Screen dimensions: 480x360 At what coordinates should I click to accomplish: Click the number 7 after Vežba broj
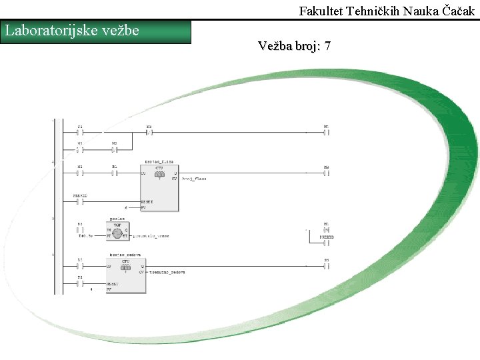[327, 46]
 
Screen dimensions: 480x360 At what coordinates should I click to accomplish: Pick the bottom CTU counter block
[126, 275]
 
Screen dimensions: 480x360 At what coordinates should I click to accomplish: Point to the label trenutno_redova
[167, 272]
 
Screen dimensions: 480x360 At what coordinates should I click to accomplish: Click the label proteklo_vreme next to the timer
[151, 235]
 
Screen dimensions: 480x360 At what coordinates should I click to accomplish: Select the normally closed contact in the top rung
[149, 132]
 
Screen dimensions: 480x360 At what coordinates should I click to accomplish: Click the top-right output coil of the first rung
[326, 132]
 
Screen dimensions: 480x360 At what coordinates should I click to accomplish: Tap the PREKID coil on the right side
[326, 236]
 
